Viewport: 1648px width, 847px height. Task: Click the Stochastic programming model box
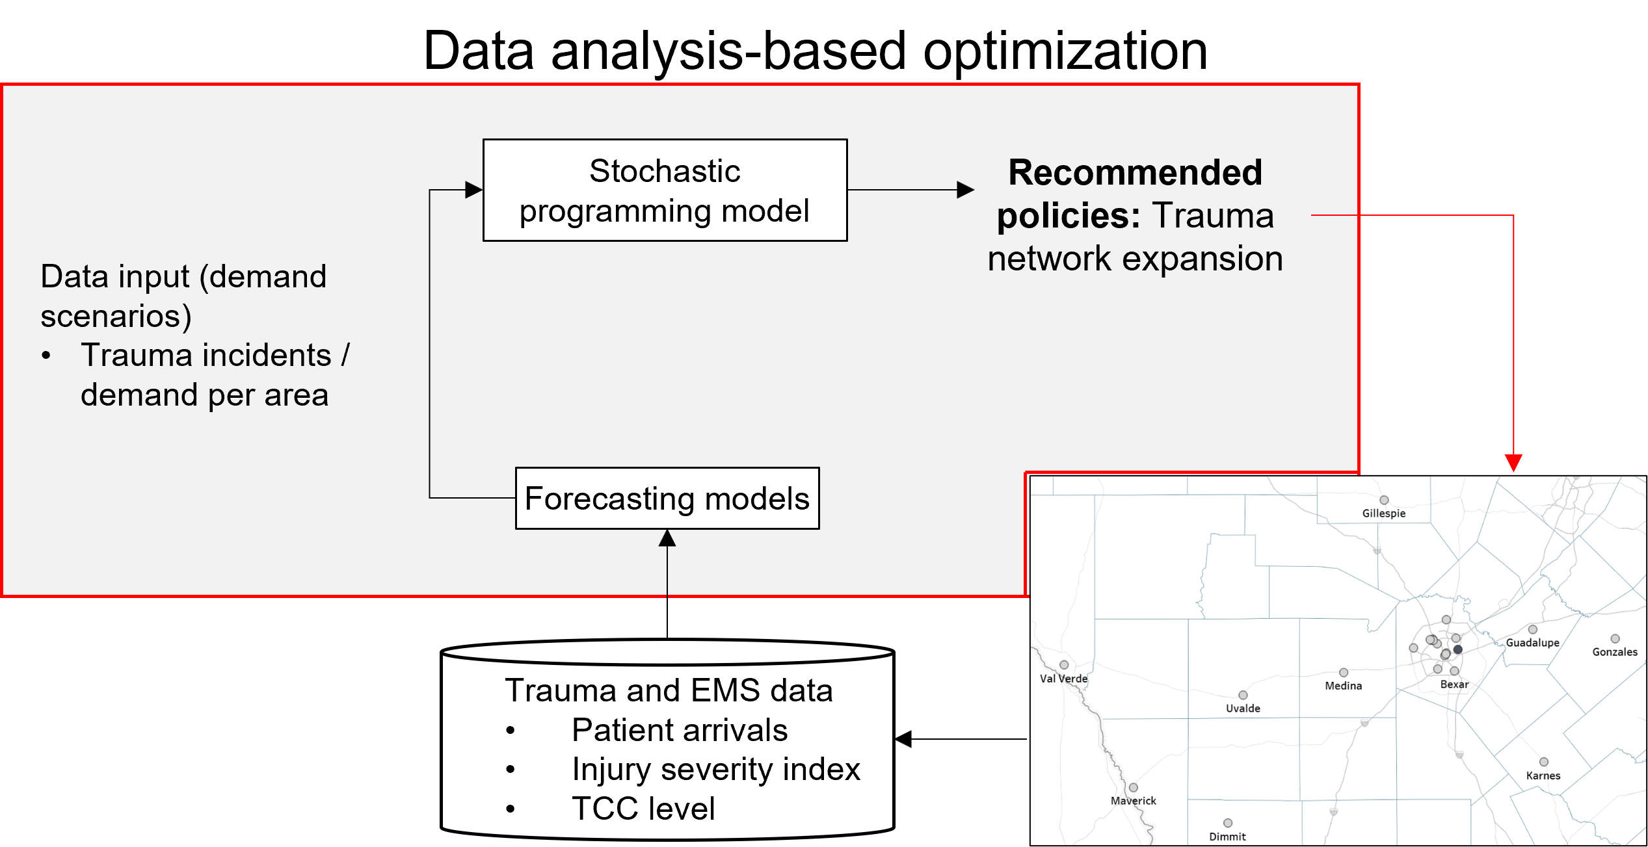point(665,190)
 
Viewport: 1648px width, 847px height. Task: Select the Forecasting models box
point(667,499)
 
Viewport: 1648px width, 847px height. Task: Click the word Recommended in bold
point(1135,173)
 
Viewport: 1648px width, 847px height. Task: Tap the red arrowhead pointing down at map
point(1513,463)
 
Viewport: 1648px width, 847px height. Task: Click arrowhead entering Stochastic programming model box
point(473,190)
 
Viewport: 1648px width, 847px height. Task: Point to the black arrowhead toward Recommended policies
point(965,190)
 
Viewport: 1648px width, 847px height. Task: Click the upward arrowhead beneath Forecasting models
point(667,538)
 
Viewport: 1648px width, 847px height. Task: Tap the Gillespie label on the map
point(1384,514)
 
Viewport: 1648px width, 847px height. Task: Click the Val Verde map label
point(1063,679)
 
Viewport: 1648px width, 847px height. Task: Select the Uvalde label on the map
point(1243,709)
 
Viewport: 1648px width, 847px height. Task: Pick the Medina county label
point(1343,686)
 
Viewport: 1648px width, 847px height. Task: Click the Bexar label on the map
point(1454,684)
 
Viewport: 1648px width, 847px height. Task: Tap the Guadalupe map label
point(1532,643)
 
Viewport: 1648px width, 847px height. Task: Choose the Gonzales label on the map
point(1615,652)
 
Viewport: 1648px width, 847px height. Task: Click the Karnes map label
point(1543,775)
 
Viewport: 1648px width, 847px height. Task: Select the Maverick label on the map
point(1133,801)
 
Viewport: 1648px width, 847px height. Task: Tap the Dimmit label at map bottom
point(1227,837)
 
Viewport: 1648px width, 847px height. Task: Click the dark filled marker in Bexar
point(1458,649)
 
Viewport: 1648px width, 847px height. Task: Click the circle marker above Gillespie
point(1384,500)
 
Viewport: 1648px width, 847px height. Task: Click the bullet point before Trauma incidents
point(46,356)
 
